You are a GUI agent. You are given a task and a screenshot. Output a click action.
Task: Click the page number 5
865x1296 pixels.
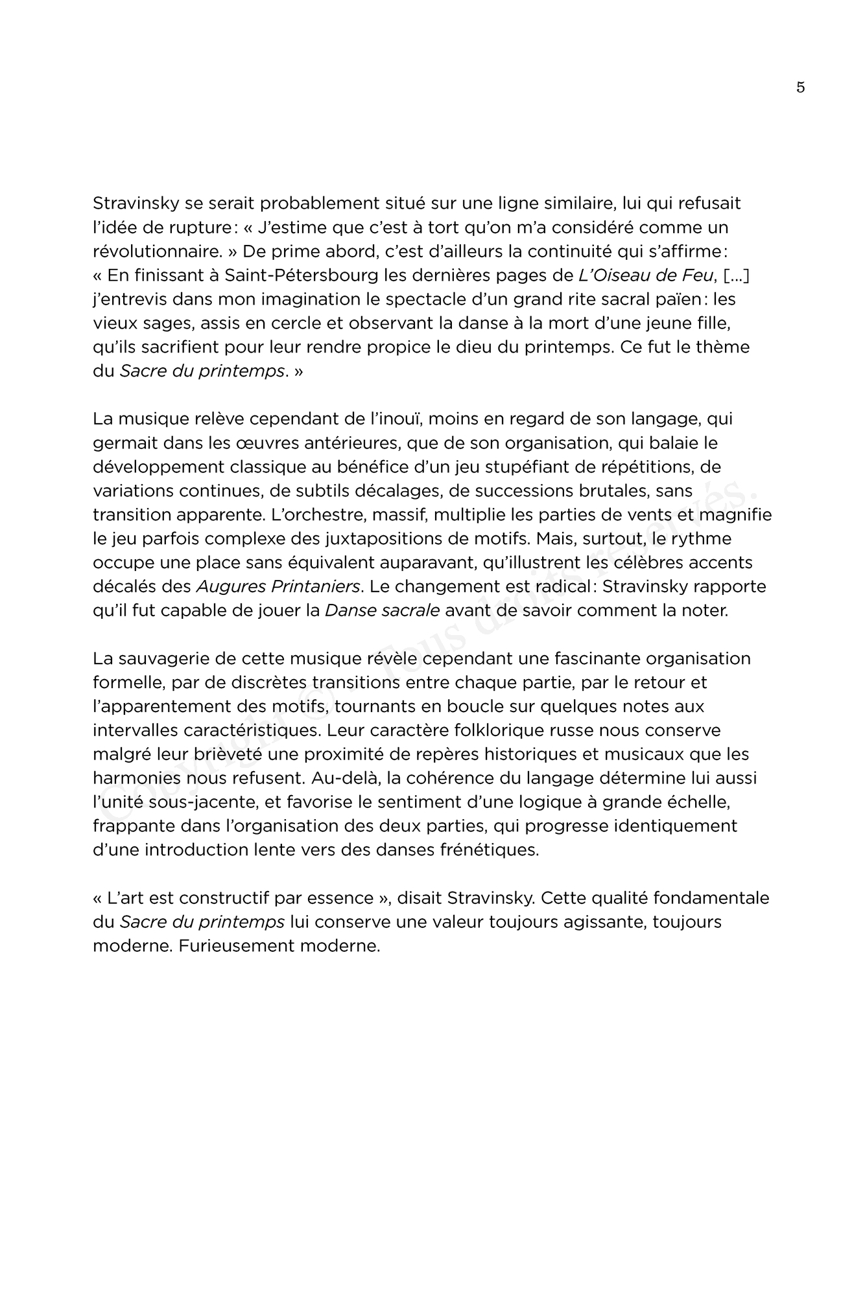click(800, 87)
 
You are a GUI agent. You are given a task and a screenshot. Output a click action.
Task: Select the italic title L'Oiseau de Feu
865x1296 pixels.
click(646, 275)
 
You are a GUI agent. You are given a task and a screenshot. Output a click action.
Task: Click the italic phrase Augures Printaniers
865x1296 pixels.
click(278, 586)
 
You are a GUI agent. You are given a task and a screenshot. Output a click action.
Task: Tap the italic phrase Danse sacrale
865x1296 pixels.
click(383, 610)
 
